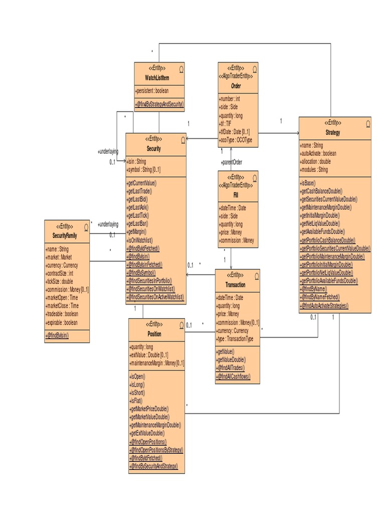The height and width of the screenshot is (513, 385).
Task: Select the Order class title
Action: click(x=236, y=86)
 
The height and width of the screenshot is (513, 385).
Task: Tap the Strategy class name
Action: click(x=332, y=133)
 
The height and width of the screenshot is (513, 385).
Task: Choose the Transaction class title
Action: click(x=236, y=285)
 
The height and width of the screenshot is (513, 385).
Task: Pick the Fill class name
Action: click(x=236, y=194)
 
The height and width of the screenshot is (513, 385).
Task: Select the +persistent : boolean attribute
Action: click(x=152, y=91)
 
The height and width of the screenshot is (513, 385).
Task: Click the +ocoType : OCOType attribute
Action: click(x=236, y=140)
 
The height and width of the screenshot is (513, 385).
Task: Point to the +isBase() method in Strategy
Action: click(x=307, y=183)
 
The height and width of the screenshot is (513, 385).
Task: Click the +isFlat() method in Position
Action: click(x=136, y=401)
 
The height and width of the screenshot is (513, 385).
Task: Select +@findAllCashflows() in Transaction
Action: click(x=233, y=376)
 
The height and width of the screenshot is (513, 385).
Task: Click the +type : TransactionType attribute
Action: click(x=235, y=339)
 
